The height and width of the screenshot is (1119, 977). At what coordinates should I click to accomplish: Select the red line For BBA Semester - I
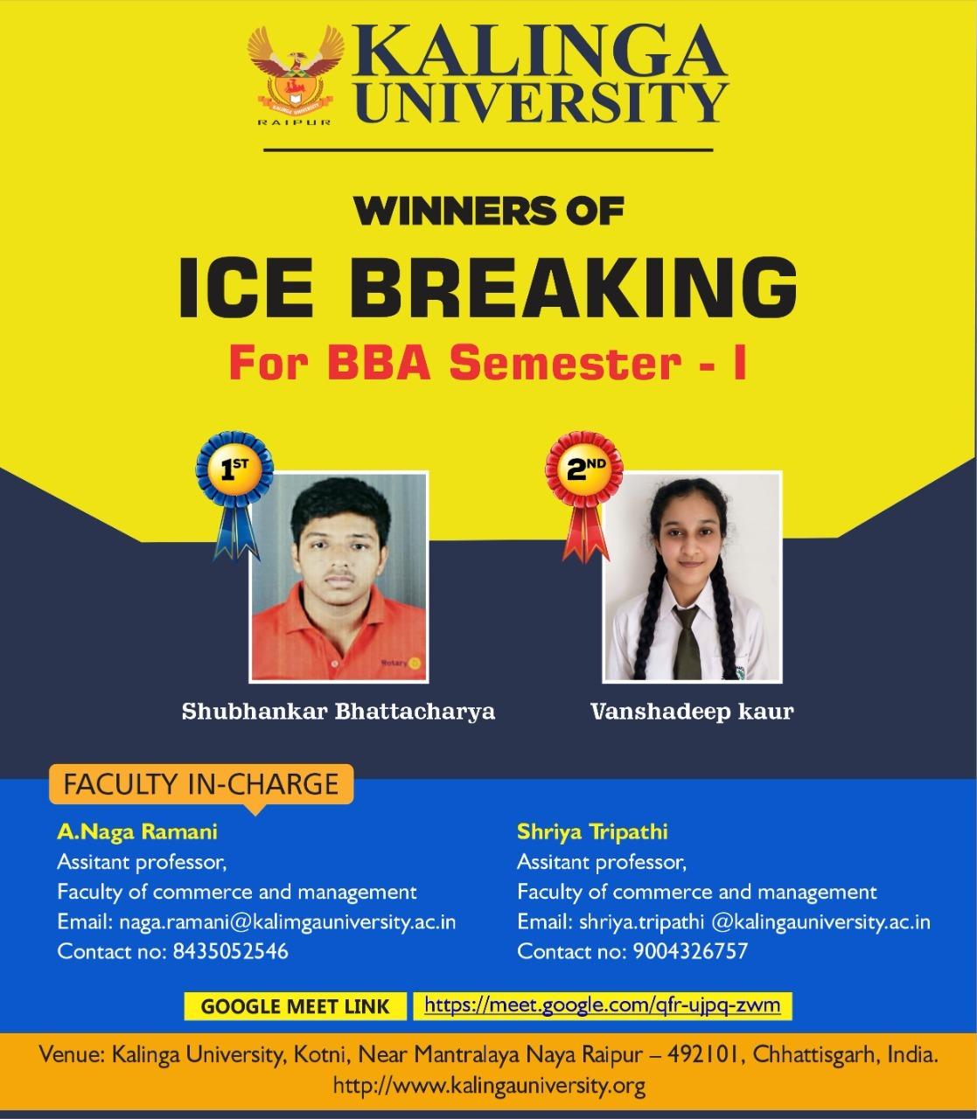tap(487, 363)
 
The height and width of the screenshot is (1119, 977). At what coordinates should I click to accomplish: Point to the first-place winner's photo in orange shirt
tap(339, 577)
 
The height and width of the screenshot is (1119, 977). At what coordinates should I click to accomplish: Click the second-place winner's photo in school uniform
tap(692, 577)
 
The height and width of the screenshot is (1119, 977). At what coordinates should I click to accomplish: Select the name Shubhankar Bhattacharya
tap(338, 712)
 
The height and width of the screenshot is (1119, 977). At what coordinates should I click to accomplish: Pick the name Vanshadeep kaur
tap(692, 712)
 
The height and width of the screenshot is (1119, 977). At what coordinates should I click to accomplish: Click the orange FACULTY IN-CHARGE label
tap(201, 783)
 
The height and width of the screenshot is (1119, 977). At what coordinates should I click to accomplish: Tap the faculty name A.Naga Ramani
tap(137, 831)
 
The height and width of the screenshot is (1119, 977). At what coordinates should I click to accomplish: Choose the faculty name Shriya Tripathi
tap(592, 831)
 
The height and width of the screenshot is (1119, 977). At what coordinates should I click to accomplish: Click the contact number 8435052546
tap(227, 951)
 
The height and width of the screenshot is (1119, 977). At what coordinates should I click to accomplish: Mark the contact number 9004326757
tap(689, 951)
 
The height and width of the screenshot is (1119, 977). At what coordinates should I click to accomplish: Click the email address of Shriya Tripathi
tap(755, 921)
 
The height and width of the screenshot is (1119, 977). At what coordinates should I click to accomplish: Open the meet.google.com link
tap(602, 1004)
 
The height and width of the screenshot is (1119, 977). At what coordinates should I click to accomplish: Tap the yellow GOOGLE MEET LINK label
tap(295, 1006)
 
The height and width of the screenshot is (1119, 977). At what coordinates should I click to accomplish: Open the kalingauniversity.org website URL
tap(490, 1086)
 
